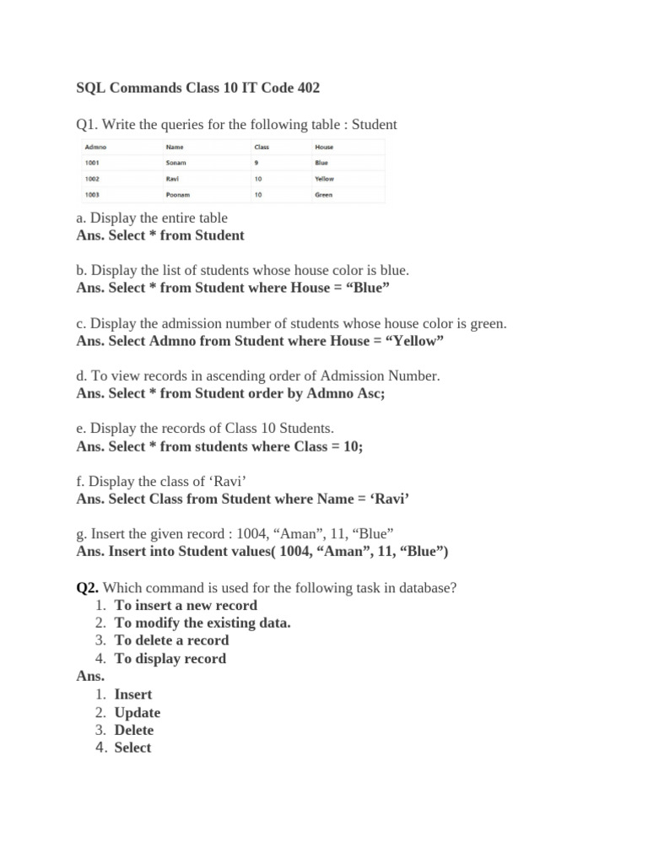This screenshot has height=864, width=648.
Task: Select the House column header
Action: tap(324, 147)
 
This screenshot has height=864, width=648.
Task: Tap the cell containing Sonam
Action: tap(176, 163)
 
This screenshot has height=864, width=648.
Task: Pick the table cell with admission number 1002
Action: tap(93, 179)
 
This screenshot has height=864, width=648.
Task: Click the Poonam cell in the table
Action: tap(178, 195)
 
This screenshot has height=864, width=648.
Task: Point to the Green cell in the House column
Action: tap(324, 195)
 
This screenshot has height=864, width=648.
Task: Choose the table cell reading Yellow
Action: tap(325, 179)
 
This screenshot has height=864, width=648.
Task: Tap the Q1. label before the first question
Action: tap(87, 125)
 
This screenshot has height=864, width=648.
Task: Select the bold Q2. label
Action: tap(88, 587)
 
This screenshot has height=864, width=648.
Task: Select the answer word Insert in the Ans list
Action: tap(133, 694)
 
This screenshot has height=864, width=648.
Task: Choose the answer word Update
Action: tap(137, 712)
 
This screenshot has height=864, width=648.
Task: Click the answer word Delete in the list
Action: tap(134, 730)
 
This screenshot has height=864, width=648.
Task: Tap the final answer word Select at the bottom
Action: tap(132, 748)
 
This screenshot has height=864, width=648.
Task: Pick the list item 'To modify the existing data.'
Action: tap(202, 623)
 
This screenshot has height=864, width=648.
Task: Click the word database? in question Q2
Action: tap(426, 587)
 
